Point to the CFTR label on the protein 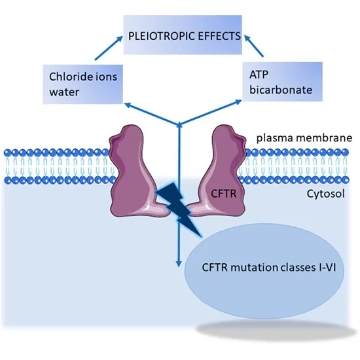222,193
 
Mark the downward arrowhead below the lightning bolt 178,262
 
